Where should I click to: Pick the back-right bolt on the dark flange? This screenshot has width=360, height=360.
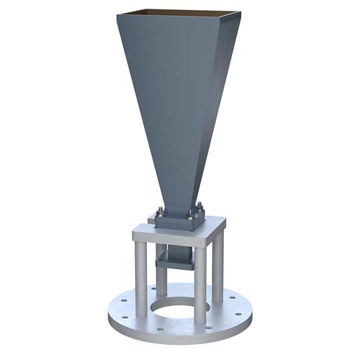pyautogui.click(x=199, y=208)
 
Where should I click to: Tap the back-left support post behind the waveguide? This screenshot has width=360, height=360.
pyautogui.click(x=161, y=270)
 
